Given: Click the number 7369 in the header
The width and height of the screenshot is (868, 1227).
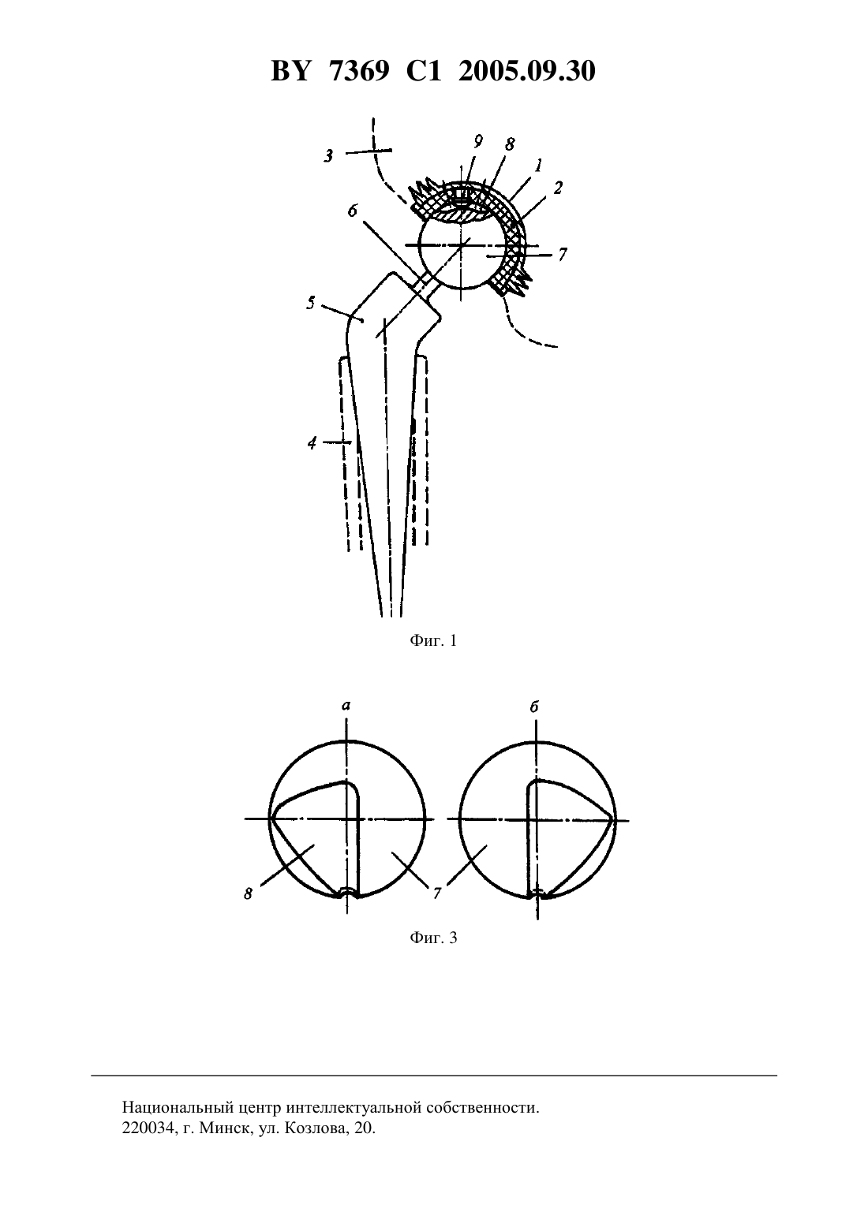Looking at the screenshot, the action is pyautogui.click(x=359, y=71).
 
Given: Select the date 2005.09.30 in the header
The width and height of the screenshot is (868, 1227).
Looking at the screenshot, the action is pyautogui.click(x=526, y=71).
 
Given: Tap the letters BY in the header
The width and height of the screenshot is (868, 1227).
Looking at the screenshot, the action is pyautogui.click(x=290, y=71).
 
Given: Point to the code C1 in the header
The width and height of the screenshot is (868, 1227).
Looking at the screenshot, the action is pyautogui.click(x=424, y=71).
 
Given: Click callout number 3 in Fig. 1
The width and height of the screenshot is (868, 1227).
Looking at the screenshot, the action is pyautogui.click(x=328, y=156).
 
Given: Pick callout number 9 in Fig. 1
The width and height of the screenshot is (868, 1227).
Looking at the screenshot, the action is pyautogui.click(x=478, y=141).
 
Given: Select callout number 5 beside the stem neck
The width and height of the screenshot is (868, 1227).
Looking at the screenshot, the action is pyautogui.click(x=311, y=302).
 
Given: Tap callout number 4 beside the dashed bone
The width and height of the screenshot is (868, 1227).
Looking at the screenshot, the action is pyautogui.click(x=312, y=442).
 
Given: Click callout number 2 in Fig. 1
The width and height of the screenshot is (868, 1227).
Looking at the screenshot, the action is pyautogui.click(x=558, y=188).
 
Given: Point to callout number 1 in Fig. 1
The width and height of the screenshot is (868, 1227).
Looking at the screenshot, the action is pyautogui.click(x=539, y=164).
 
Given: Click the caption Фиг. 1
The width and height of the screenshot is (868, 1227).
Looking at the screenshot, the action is pyautogui.click(x=433, y=640).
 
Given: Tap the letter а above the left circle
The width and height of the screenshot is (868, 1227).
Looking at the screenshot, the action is pyautogui.click(x=346, y=706).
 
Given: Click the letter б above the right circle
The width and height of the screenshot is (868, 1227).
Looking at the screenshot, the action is pyautogui.click(x=534, y=706).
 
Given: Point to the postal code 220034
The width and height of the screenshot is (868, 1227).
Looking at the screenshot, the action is pyautogui.click(x=147, y=1128).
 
